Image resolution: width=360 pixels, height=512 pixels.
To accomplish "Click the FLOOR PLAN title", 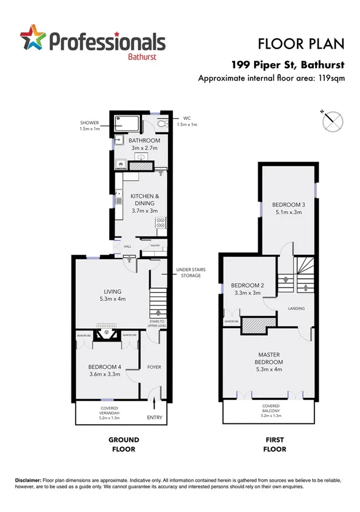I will coord(301,44).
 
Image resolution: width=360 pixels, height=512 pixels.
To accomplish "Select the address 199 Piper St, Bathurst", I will coord(288,64).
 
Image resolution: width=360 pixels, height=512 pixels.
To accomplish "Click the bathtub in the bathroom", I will coord(126,124).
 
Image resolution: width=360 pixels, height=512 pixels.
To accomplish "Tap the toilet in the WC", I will coord(160,124).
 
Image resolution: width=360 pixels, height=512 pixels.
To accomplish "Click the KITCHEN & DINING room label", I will coord(145,200).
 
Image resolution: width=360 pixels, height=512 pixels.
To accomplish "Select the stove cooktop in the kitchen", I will coord(161,223).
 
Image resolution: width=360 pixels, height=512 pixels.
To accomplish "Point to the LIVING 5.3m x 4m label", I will coord(112,295).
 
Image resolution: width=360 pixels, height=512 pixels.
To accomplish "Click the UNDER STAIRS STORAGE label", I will coord(188,272).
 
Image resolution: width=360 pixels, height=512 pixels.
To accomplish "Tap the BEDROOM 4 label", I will coord(105,370).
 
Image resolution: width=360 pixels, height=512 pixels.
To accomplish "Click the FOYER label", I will coord(153,367).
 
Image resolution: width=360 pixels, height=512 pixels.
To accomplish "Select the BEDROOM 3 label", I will coord(288,208).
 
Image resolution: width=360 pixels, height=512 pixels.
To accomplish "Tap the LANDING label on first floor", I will coord(296,308).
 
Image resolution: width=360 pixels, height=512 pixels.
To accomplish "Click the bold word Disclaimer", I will coord(28,480).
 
